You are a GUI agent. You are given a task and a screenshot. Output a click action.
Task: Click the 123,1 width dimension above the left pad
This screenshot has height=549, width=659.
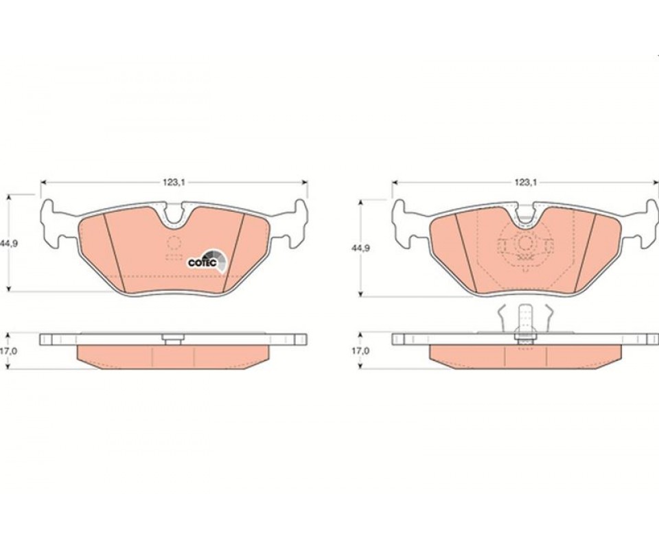tap(174, 182)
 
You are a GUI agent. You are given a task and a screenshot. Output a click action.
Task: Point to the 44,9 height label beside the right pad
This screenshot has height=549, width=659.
tap(361, 248)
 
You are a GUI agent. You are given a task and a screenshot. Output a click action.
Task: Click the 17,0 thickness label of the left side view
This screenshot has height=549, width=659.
tap(8, 351)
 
